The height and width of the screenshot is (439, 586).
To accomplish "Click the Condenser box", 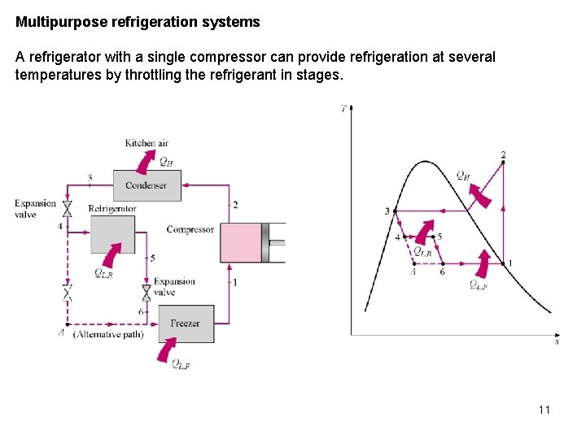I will [146, 185].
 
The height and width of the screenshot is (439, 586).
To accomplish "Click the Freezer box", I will [186, 324].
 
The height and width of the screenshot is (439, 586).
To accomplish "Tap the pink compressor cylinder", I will [242, 242].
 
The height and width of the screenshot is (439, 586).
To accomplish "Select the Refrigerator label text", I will [112, 209].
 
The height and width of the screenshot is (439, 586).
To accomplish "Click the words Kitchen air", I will [146, 143].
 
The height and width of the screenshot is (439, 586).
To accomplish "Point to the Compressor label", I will [190, 230].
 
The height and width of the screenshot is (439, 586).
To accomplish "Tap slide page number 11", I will [544, 410].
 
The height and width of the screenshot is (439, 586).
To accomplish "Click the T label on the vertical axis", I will [344, 108].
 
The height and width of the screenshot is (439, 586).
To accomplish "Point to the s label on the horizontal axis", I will [557, 342].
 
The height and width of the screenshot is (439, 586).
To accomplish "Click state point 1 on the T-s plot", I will [503, 263].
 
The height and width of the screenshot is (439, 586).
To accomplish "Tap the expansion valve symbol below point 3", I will [68, 208].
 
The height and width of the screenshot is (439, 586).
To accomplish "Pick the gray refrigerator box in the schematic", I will [112, 235].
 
